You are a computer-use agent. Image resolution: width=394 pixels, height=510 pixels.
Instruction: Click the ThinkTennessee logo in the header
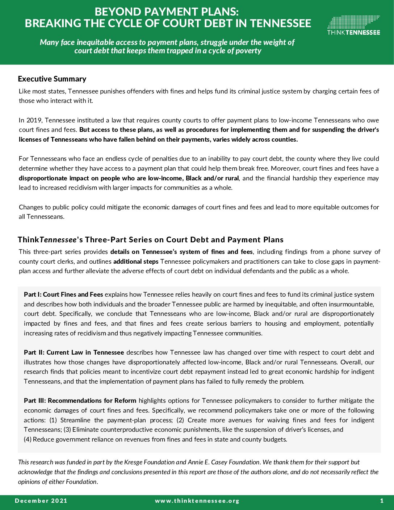353,25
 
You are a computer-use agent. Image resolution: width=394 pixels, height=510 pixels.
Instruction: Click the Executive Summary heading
52,79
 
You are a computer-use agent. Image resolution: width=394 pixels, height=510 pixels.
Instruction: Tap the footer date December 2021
41,501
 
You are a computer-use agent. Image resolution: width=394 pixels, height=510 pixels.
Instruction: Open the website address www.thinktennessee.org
197,501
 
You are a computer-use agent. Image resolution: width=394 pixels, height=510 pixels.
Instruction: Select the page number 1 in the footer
382,501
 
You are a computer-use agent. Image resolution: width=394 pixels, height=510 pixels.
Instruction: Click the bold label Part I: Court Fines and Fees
63,294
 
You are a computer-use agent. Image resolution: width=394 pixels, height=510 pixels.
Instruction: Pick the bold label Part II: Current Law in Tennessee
74,352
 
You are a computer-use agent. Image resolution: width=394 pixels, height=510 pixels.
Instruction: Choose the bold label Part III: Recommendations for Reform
80,401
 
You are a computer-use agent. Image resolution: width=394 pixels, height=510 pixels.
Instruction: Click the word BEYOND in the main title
117,12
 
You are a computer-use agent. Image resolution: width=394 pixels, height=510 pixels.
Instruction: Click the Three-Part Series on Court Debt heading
150,240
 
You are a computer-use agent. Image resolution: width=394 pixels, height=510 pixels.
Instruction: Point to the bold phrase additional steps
136,262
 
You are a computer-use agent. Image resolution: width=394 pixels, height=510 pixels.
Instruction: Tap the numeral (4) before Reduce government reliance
28,439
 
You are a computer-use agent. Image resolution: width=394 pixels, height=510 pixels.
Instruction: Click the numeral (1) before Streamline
53,420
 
